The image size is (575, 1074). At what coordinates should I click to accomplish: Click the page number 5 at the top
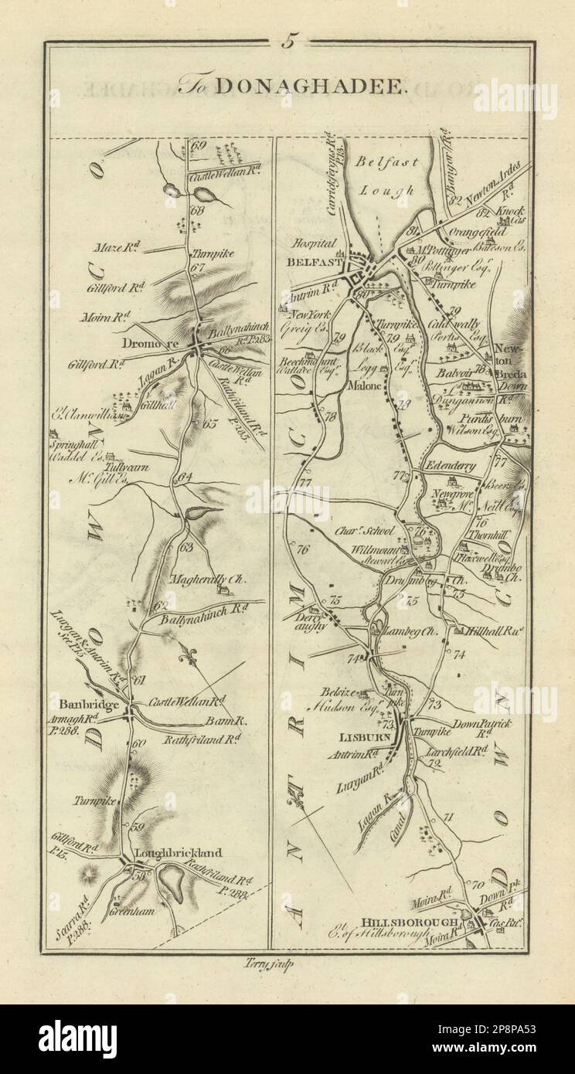coord(287,43)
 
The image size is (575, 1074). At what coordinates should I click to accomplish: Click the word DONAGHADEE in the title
coord(319,87)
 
